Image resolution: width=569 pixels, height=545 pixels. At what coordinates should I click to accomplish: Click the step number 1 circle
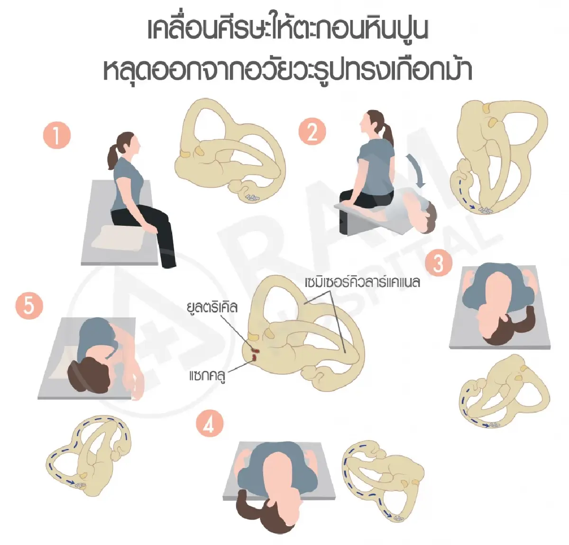pos(57,136)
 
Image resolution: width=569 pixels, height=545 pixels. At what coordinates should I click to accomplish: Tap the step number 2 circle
pos(312,132)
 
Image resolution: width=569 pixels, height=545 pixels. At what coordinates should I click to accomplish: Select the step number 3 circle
pos(439,263)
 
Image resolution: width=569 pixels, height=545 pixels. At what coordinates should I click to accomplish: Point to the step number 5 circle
pos(29,305)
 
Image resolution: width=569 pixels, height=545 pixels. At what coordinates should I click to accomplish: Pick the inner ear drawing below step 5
pos(90,455)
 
